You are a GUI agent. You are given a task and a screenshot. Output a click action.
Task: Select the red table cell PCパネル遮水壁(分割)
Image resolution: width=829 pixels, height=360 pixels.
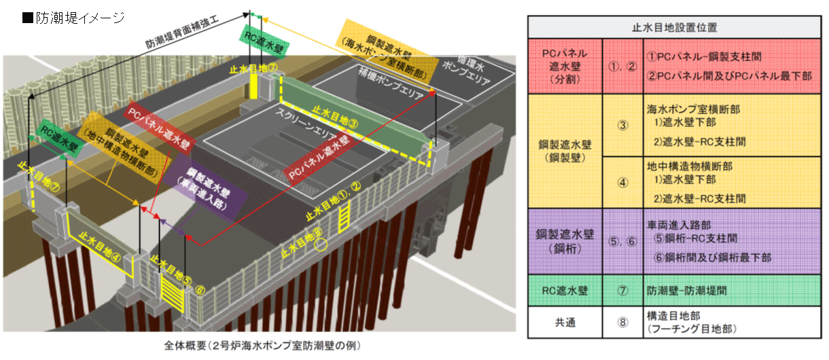(x=565, y=66)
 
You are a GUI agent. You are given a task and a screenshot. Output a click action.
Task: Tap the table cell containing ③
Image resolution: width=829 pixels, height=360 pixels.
(x=623, y=125)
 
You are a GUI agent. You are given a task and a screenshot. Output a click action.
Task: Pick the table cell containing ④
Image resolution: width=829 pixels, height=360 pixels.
(x=623, y=182)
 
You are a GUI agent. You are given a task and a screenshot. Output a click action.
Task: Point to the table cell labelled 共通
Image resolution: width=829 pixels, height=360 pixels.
(x=565, y=323)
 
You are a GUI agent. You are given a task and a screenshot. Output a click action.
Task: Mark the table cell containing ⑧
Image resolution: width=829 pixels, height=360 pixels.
(x=623, y=323)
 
